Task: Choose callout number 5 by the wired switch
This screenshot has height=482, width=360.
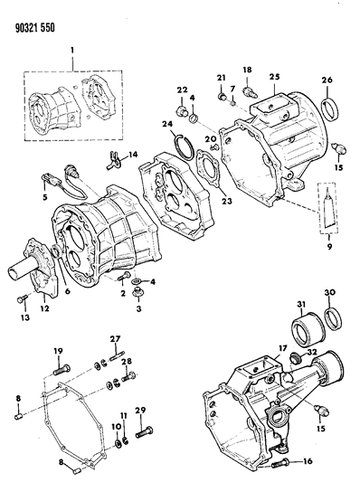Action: click(x=45, y=194)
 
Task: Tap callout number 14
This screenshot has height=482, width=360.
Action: click(x=132, y=155)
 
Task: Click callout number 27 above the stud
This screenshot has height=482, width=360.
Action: click(x=115, y=339)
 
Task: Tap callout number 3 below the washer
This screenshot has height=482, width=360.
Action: click(x=138, y=307)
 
